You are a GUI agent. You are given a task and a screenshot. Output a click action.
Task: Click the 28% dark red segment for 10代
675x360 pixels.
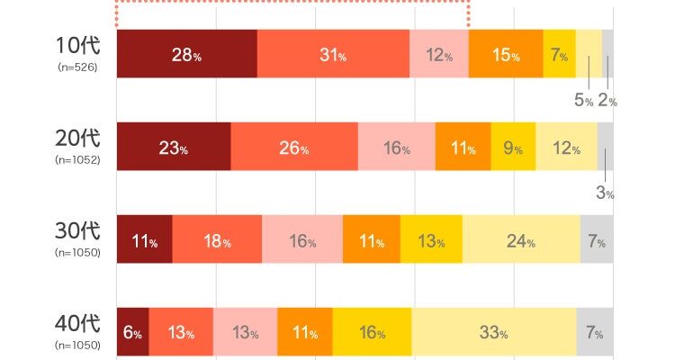[x=186, y=54]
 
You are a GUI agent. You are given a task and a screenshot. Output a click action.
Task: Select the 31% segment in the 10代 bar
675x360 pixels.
[x=332, y=54]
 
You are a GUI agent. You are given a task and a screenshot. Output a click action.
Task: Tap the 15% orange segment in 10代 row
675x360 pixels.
[x=506, y=54]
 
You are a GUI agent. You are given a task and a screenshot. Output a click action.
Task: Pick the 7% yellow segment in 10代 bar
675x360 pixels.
[x=559, y=54]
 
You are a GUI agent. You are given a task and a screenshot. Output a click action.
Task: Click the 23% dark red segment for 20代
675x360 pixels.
[x=174, y=147]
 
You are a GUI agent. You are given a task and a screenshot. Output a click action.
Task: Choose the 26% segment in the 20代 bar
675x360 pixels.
[x=294, y=147]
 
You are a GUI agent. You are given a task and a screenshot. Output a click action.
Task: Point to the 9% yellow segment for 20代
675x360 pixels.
[x=513, y=147]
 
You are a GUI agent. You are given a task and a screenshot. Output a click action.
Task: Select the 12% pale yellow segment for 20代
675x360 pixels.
[x=566, y=147]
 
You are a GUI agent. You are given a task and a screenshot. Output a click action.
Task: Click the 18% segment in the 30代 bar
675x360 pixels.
[x=217, y=239]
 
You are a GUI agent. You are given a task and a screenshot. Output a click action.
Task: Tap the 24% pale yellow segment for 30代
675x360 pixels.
[x=521, y=239]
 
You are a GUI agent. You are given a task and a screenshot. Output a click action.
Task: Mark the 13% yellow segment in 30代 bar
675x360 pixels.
[x=431, y=239]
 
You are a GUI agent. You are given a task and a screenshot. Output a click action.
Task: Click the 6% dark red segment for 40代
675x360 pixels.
[x=132, y=331]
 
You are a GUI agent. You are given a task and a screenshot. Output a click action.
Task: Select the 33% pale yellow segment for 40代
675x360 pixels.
[x=493, y=331]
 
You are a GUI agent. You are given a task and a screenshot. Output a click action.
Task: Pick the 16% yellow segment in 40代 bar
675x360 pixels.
[x=372, y=331]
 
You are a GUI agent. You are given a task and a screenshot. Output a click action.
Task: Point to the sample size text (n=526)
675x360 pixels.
[x=77, y=67]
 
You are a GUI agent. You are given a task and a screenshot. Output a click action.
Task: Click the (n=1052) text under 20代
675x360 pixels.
[x=77, y=160]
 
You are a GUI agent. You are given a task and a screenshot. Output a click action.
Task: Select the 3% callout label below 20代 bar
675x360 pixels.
[x=604, y=193]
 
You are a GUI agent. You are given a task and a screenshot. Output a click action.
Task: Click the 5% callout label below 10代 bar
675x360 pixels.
[x=583, y=101]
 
